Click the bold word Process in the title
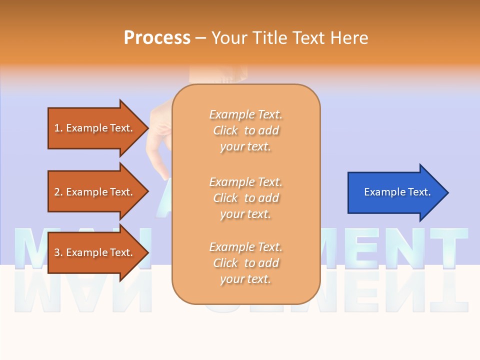tap(157, 38)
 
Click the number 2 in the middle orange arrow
tap(57, 192)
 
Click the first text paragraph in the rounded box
tap(245, 130)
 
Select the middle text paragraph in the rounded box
tap(245, 198)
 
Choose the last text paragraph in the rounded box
tap(245, 263)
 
